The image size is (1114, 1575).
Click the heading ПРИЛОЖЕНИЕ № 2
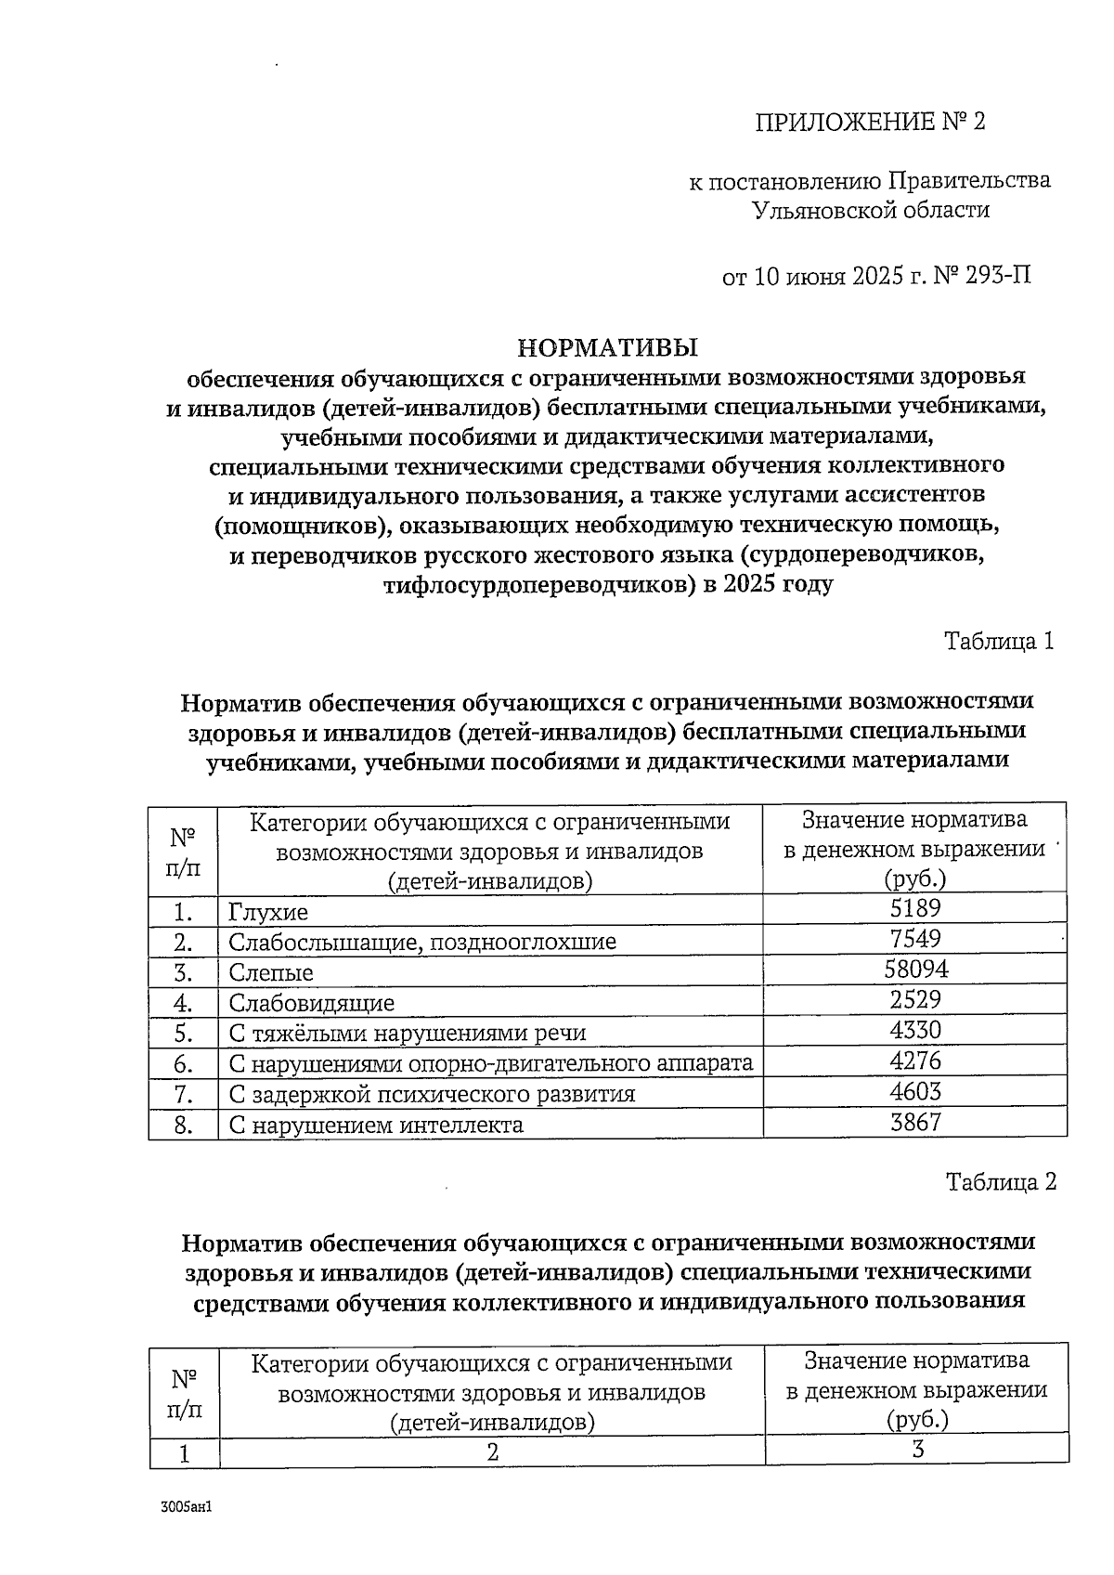click(869, 123)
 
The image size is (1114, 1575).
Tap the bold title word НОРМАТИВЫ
click(607, 348)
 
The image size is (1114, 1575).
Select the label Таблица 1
click(999, 641)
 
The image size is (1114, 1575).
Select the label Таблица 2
click(1000, 1182)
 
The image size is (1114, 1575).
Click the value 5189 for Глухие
click(914, 908)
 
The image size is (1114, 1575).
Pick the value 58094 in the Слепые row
click(914, 970)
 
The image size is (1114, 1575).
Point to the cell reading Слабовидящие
click(311, 1003)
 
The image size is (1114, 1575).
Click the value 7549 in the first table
click(914, 939)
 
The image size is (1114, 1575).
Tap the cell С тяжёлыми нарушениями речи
click(407, 1034)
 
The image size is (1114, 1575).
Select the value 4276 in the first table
click(914, 1061)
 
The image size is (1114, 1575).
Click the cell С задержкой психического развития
click(432, 1094)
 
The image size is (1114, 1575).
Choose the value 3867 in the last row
click(914, 1123)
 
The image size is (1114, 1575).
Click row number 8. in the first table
click(183, 1126)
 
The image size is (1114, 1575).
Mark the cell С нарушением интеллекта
click(376, 1126)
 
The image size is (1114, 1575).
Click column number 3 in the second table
click(917, 1451)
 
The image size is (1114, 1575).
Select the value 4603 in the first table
click(914, 1092)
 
